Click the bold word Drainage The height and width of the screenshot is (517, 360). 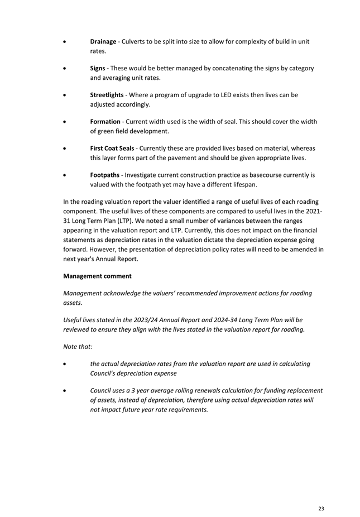click(x=103, y=42)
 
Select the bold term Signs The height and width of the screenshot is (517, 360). click(x=98, y=69)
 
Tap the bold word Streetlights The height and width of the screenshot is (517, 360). click(x=107, y=95)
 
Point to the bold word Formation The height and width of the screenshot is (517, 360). click(x=105, y=122)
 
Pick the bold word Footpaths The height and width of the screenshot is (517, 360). click(x=105, y=175)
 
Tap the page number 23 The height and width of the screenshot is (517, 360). click(x=321, y=509)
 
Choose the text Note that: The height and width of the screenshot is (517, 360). click(x=78, y=347)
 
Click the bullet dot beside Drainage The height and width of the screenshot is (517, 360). click(x=67, y=42)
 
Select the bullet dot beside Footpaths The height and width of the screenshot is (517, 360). click(x=67, y=175)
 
